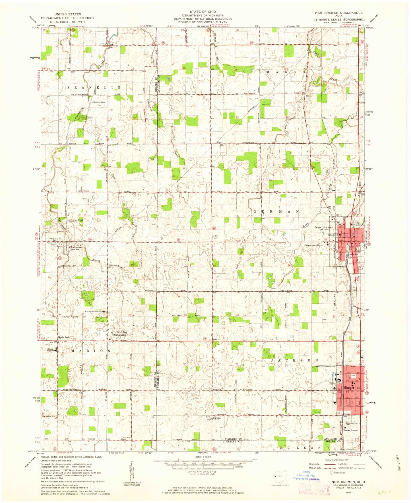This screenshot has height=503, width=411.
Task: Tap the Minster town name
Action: [x=349, y=388]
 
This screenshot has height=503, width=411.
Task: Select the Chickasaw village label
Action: [x=75, y=247]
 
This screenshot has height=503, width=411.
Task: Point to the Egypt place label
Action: [x=217, y=418]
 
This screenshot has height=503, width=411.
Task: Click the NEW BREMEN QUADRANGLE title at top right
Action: [x=339, y=13]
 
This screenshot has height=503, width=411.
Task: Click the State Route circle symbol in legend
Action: [x=331, y=481]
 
